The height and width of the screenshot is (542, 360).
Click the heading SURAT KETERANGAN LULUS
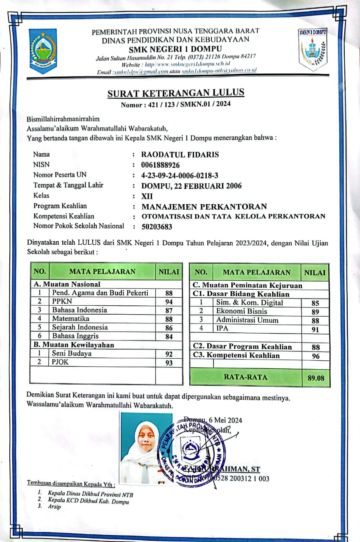176,93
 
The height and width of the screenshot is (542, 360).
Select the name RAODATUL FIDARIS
180,155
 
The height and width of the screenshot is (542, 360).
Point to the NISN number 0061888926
161,165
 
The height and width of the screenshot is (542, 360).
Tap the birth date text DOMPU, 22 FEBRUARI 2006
191,185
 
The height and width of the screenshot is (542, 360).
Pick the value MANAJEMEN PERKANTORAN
204,207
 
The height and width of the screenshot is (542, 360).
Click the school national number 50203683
157,227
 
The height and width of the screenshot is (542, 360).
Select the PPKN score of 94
169,301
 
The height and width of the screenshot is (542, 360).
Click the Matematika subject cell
71,318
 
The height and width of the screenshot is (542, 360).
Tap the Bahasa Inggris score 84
169,337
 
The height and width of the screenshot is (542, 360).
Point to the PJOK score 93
169,363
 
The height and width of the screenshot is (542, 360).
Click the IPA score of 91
315,329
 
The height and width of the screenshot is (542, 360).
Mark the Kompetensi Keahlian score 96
315,356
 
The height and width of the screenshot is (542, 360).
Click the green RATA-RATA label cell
246,377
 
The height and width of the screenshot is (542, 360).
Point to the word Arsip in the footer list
55,506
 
